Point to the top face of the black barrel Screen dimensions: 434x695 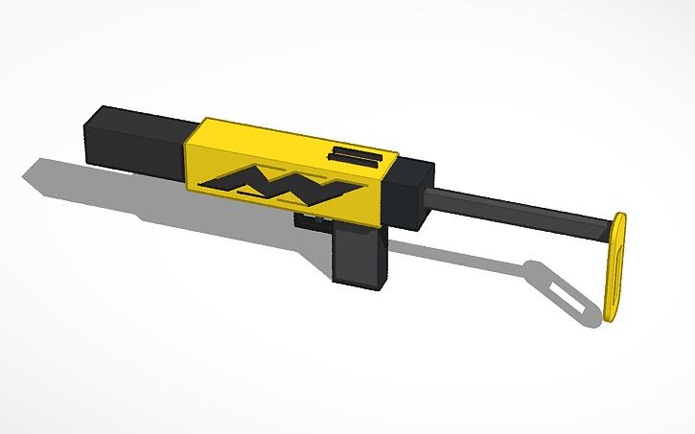[x=144, y=117]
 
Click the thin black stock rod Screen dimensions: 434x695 [x=518, y=212]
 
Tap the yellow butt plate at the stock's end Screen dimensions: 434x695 [x=616, y=268]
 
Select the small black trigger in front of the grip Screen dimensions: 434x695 [x=309, y=222]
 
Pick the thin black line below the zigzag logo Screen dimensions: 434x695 [x=249, y=195]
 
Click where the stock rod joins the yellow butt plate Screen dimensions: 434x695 [x=606, y=228]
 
